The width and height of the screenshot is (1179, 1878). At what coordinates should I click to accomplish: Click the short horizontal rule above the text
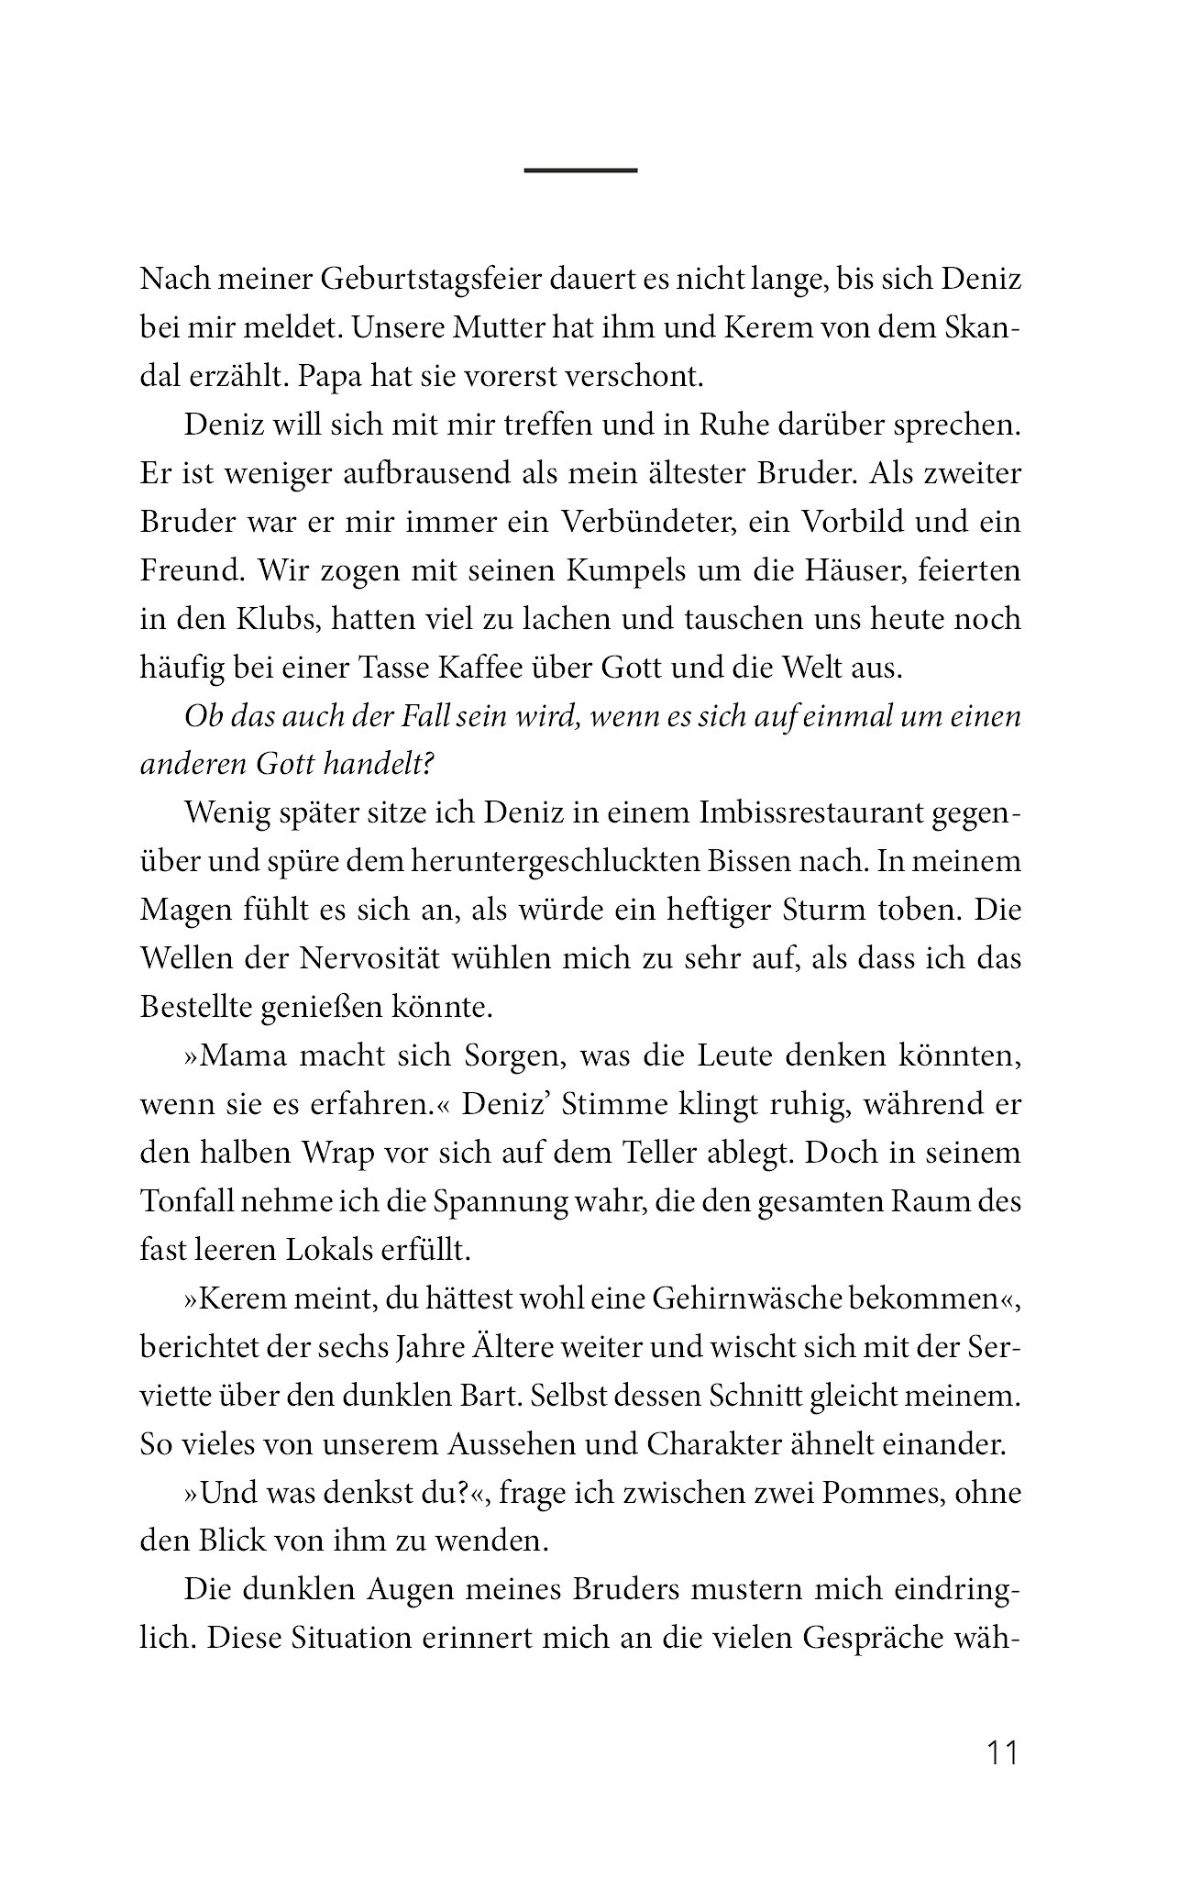pyautogui.click(x=580, y=171)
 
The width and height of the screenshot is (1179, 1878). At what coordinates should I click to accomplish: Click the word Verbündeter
pyautogui.click(x=647, y=522)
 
